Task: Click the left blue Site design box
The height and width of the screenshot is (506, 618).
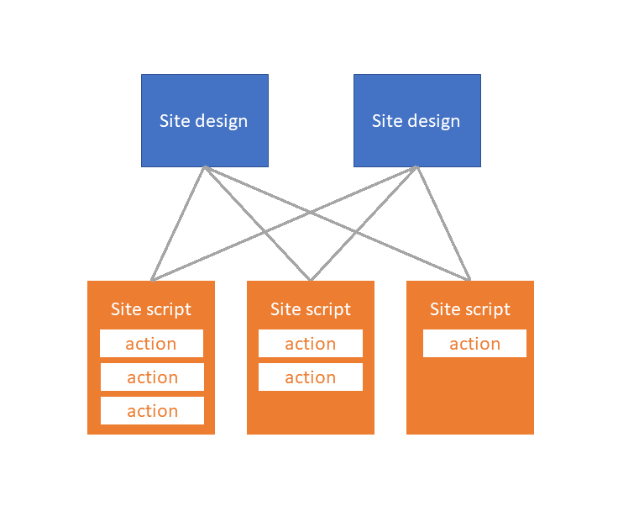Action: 204,120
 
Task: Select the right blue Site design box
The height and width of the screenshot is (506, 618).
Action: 416,120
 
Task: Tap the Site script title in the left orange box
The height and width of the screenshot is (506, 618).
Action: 151,309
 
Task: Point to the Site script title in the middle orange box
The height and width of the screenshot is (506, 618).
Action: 311,309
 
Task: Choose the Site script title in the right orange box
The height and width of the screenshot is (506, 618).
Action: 470,309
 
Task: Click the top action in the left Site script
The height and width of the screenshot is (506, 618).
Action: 151,344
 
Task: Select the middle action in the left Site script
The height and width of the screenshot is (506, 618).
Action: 152,377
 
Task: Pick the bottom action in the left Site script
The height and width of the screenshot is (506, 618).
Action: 152,411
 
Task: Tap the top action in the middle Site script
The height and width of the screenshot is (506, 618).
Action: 311,344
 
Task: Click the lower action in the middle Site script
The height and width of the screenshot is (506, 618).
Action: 311,377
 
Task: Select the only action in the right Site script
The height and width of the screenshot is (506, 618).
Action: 474,344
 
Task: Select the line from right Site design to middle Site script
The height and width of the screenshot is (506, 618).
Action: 385,201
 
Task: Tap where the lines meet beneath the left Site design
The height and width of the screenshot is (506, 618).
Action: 204,167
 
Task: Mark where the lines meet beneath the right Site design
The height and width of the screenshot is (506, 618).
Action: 417,167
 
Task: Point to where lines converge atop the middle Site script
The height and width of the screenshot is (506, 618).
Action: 311,280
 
